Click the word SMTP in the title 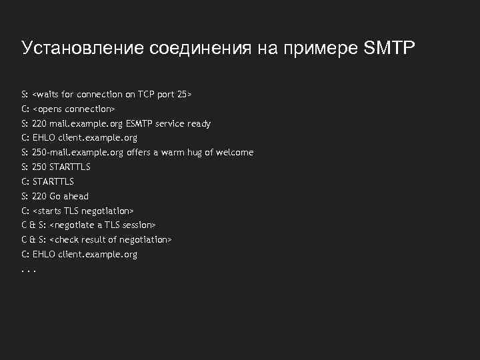[x=389, y=48]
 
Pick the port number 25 [x=182, y=95]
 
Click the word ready [x=199, y=123]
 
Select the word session [x=138, y=225]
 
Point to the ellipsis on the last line [x=28, y=271]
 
